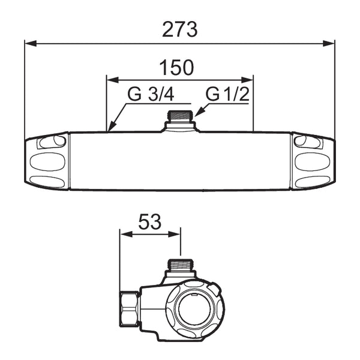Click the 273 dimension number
(x=179, y=29)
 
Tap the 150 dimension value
(x=176, y=68)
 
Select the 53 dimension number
(x=150, y=222)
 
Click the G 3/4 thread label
(x=151, y=94)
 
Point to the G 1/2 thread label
(x=227, y=94)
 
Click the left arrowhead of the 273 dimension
(x=31, y=43)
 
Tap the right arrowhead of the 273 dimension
(x=329, y=43)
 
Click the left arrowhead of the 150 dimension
(x=113, y=80)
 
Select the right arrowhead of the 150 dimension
(x=247, y=80)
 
